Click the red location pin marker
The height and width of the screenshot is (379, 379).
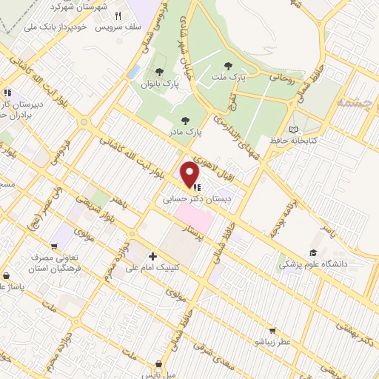[190, 174]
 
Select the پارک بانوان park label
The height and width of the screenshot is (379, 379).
[160, 84]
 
